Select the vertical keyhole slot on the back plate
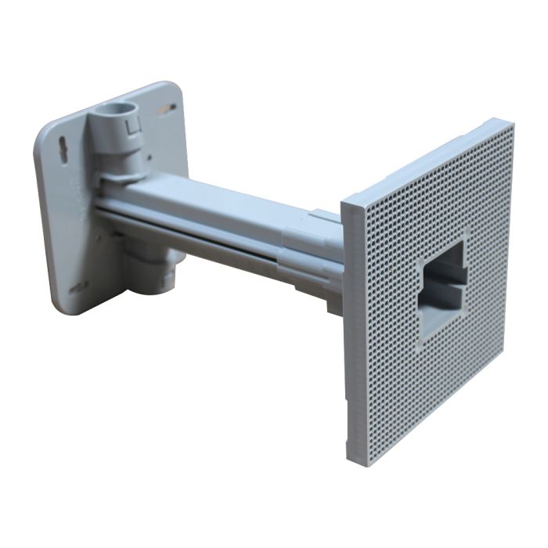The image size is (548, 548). point(62,149)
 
